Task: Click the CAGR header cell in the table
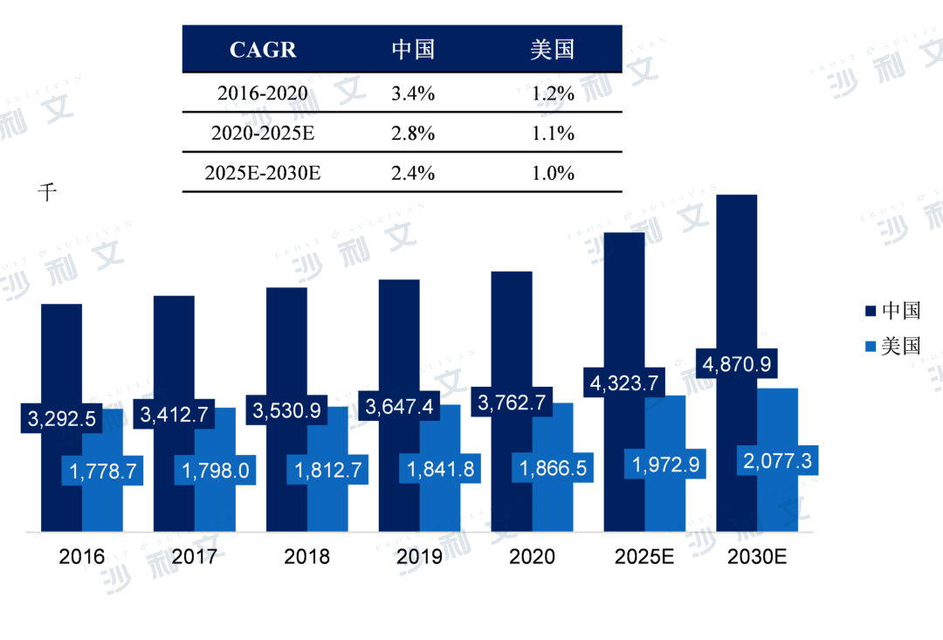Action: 263,50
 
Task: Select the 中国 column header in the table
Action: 413,49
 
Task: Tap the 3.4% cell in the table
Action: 413,93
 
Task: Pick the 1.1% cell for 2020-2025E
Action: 553,133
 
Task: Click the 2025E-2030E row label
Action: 263,172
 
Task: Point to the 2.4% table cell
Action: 413,172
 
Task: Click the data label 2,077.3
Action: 778,460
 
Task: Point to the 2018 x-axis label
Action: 306,556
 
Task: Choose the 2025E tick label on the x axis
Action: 644,556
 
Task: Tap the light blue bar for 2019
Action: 440,506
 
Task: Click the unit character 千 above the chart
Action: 46,192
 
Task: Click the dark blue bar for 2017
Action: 174,349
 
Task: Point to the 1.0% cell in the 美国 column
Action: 553,172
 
